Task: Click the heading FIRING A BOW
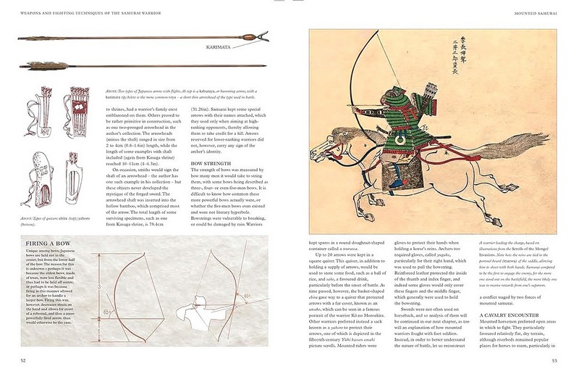click(x=48, y=244)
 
